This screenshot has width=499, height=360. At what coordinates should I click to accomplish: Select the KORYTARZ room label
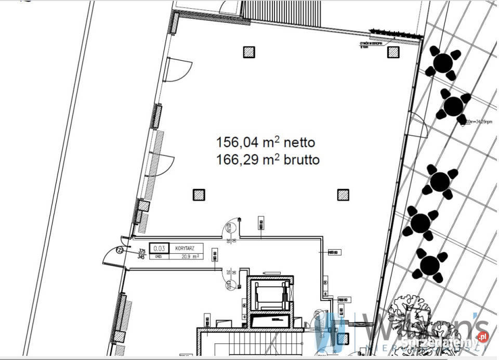185,248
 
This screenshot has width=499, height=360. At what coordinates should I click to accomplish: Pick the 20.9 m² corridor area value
189,256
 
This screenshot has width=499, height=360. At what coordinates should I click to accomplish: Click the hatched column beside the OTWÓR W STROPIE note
393,52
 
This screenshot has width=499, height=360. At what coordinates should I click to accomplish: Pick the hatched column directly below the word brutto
343,195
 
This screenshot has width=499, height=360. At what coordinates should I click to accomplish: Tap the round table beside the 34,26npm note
454,106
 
